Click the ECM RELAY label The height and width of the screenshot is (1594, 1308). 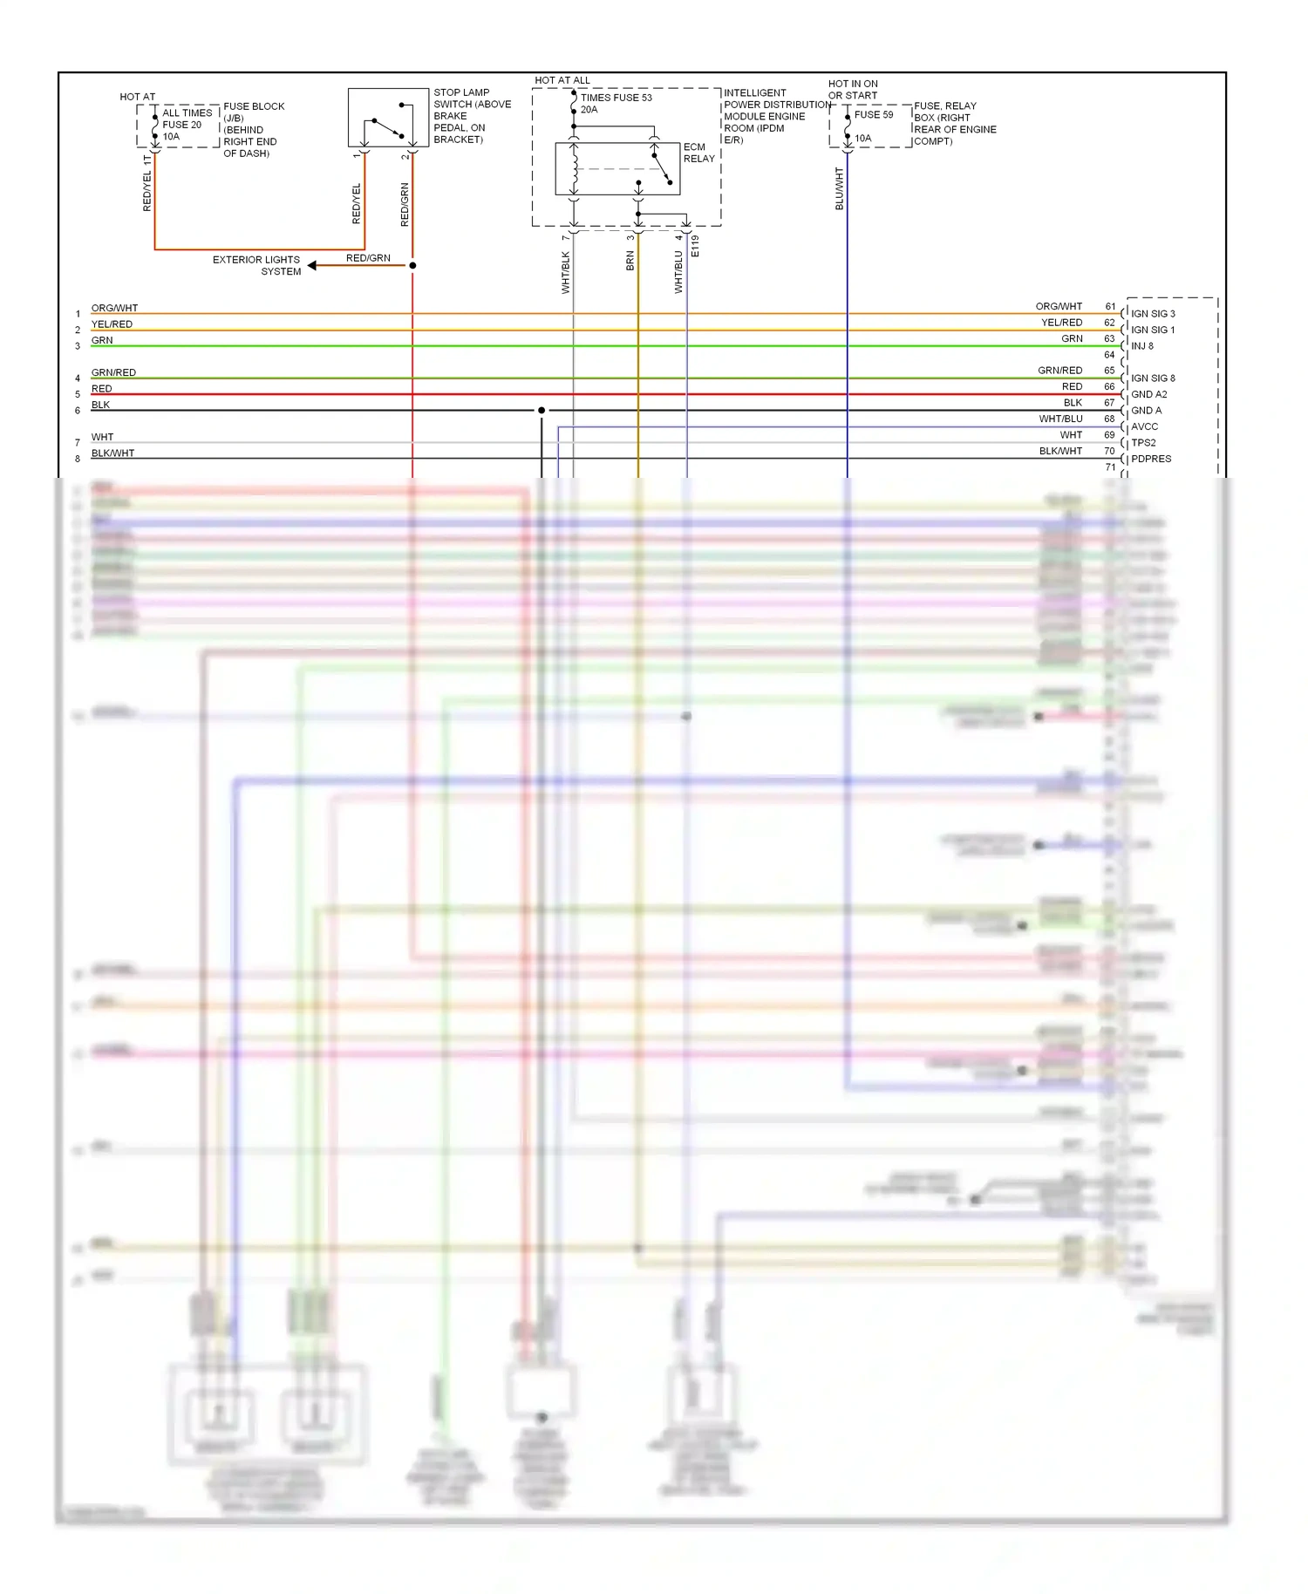[698, 153]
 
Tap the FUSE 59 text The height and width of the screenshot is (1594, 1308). [873, 114]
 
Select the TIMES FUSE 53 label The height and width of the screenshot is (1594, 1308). [616, 98]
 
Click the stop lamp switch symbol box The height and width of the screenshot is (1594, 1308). [388, 118]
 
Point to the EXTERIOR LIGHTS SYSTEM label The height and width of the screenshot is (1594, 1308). [256, 265]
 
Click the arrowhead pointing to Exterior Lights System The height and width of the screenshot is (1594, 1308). [312, 265]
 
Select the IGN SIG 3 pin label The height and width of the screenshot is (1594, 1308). [1153, 314]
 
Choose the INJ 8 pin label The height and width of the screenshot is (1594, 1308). [1141, 346]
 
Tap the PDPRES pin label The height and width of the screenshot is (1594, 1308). [1151, 459]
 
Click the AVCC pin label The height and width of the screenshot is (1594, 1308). [1144, 426]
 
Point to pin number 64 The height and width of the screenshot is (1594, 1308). [1109, 355]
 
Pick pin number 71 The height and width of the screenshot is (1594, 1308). [1110, 467]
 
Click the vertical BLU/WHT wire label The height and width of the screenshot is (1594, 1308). [840, 188]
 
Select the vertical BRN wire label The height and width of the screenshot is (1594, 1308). [630, 261]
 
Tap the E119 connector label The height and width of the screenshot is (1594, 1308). [695, 246]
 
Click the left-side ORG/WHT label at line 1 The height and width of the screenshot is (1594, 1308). [114, 308]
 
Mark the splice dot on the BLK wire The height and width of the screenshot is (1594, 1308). [542, 410]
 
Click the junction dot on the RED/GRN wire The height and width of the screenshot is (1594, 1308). [412, 265]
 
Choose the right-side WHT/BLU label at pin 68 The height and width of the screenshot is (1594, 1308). [1060, 419]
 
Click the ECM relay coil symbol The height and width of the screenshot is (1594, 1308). [574, 169]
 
